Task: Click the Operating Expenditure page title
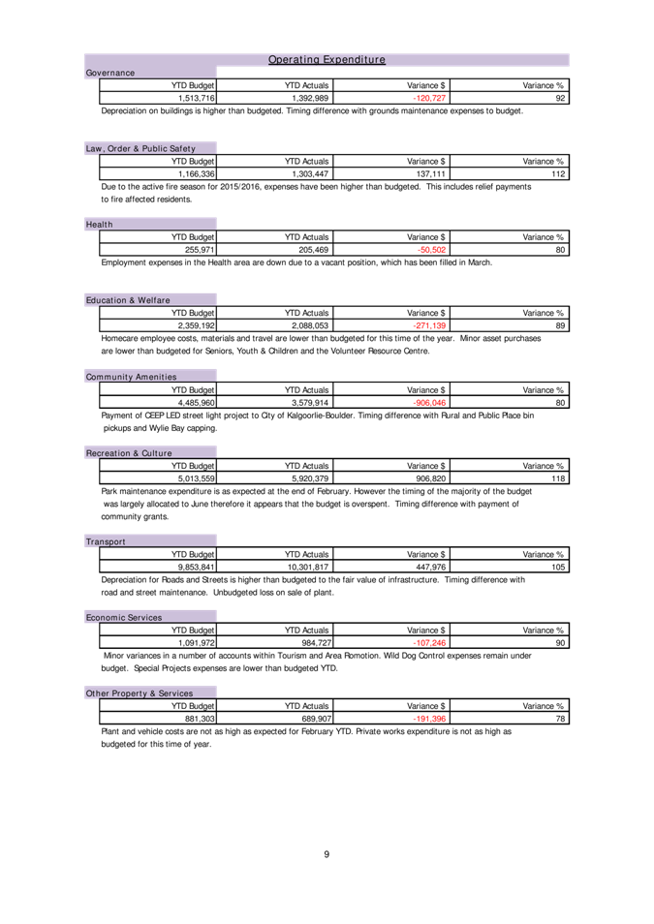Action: (327, 59)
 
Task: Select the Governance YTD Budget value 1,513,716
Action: (197, 99)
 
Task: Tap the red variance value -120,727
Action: (429, 99)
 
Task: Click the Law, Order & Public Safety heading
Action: (140, 148)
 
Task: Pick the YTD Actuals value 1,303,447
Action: (310, 174)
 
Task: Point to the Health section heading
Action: (99, 225)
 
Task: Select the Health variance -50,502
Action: (432, 250)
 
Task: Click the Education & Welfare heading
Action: (128, 300)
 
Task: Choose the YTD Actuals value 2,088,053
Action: (310, 325)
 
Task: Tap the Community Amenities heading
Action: (131, 377)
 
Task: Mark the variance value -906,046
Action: (429, 403)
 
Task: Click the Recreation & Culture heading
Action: (129, 453)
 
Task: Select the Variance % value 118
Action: (558, 479)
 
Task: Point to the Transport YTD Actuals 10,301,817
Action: (308, 568)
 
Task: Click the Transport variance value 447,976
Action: (431, 568)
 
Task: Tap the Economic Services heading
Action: (124, 618)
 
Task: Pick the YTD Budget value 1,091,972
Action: (197, 643)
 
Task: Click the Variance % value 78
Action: (560, 720)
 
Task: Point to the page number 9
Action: (327, 854)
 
